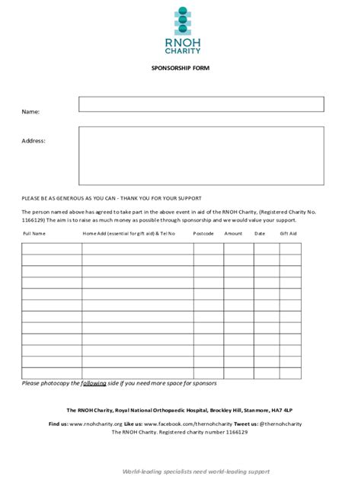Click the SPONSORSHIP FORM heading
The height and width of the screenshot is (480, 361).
180,69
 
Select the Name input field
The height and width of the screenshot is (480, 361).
201,104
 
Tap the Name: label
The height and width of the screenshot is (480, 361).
30,112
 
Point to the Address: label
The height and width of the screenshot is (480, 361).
34,141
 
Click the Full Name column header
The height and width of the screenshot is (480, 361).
34,233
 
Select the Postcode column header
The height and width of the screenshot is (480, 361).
203,233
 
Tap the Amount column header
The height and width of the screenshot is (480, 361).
234,233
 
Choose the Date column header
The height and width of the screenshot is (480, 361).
260,233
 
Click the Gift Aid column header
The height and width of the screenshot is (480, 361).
289,233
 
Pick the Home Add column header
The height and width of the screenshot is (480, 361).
129,233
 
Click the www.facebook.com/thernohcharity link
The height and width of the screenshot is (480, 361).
187,423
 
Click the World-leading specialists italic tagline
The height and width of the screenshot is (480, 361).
196,472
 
